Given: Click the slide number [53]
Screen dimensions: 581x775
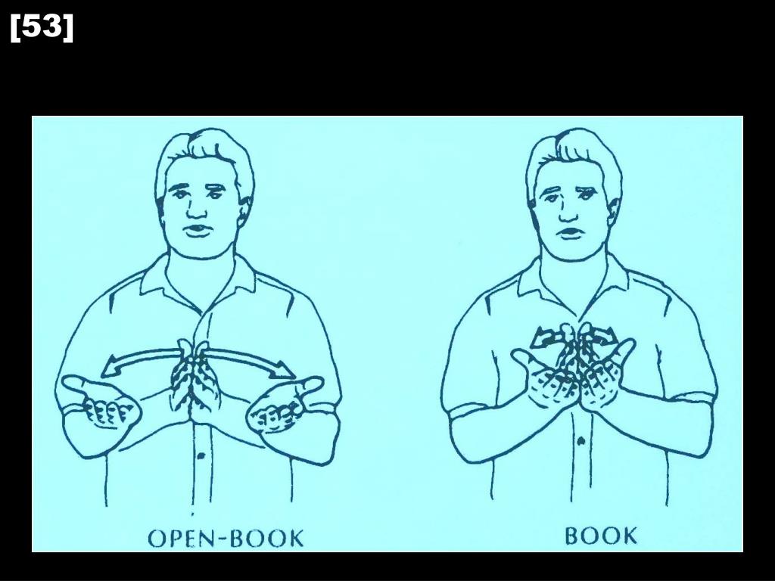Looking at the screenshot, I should pyautogui.click(x=42, y=28).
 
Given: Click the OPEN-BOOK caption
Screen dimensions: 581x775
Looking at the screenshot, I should pyautogui.click(x=226, y=539).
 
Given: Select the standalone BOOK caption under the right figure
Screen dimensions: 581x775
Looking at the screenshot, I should pyautogui.click(x=601, y=536).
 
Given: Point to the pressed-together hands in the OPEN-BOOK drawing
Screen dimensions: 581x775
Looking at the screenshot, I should pyautogui.click(x=195, y=378).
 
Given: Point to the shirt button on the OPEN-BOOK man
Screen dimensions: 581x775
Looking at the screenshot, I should pyautogui.click(x=201, y=456).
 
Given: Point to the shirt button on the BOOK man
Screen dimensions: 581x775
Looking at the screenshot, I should pyautogui.click(x=580, y=440).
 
